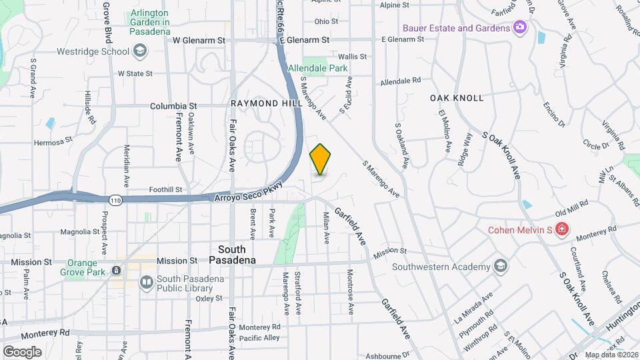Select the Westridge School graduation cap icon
click(x=139, y=50)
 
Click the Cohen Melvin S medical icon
click(x=562, y=230)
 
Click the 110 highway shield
click(x=115, y=199)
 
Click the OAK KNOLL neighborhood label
click(x=457, y=97)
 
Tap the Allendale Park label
click(x=317, y=68)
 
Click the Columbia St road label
click(x=173, y=105)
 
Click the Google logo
click(x=22, y=351)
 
